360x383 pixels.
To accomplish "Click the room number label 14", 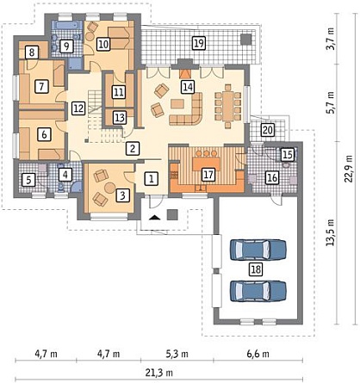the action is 188,87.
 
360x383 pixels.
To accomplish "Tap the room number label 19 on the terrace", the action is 199,43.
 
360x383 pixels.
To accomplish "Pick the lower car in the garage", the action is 258,291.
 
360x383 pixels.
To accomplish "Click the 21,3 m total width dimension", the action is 158,373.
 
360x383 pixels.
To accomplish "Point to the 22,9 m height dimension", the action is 349,169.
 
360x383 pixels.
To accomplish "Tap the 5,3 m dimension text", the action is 177,354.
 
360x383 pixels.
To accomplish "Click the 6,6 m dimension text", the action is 258,354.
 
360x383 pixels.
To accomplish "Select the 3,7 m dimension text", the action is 331,39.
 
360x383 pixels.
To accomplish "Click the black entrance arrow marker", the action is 155,217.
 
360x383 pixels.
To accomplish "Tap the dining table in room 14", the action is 228,106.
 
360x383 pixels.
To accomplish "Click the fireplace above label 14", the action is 185,73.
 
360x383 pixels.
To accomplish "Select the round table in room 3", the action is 109,188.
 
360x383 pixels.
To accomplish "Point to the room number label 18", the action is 256,269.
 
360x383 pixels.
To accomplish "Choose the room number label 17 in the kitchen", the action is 208,175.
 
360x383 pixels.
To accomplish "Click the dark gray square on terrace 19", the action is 245,39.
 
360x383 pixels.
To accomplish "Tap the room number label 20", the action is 268,130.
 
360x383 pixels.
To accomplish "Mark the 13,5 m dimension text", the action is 330,232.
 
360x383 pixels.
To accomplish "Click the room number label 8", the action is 32,53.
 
